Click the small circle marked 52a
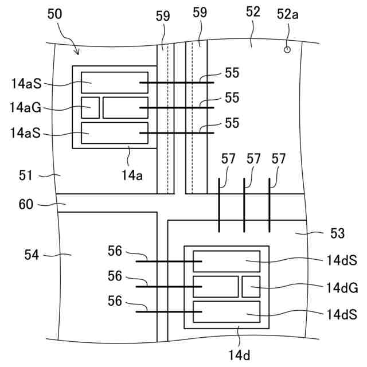click(287, 50)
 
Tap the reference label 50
click(54, 14)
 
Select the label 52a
click(288, 14)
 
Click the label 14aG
click(25, 108)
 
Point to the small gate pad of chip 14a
click(91, 108)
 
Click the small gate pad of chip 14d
click(251, 287)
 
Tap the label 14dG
click(342, 288)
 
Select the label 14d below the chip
click(239, 356)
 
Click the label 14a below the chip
click(132, 175)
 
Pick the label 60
click(26, 204)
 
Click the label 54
click(32, 255)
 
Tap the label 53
click(337, 233)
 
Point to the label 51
click(25, 175)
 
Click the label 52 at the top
click(253, 11)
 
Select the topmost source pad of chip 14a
click(115, 83)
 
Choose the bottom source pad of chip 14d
click(227, 312)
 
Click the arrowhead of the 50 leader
click(77, 53)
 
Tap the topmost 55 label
click(232, 73)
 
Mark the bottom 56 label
click(115, 301)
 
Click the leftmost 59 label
click(163, 16)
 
